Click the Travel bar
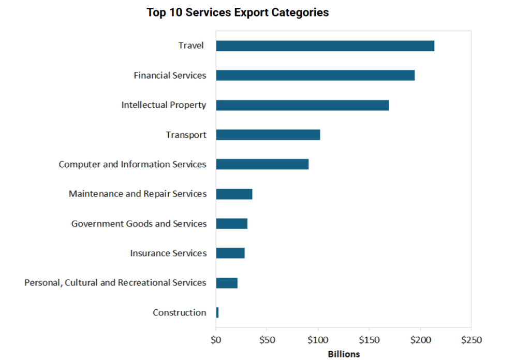(325, 46)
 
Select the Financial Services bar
(315, 75)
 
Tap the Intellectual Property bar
(302, 105)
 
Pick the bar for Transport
(268, 135)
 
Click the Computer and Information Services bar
(262, 164)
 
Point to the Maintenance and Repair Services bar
(234, 194)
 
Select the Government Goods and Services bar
(231, 224)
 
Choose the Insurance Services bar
(230, 253)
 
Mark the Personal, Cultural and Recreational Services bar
(227, 283)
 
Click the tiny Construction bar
(217, 312)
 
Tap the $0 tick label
(216, 340)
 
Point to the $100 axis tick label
(318, 340)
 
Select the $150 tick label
(369, 340)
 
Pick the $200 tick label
(420, 340)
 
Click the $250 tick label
(470, 340)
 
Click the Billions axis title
(344, 354)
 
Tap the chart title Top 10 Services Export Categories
(238, 12)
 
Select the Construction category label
(179, 312)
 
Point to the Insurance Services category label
(168, 253)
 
